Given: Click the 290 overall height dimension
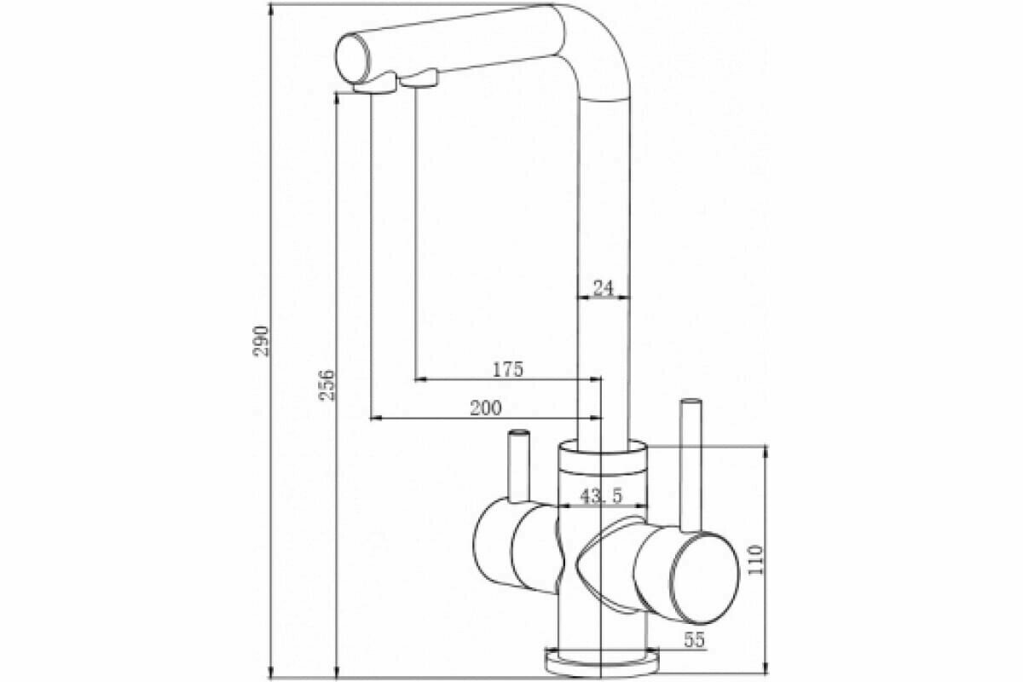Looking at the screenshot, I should point(263,340).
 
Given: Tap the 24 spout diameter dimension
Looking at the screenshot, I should point(604,288).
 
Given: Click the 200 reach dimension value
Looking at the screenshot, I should point(485,407).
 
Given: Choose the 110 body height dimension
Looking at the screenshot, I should point(755,559).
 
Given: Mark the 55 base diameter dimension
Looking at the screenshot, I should point(695,641).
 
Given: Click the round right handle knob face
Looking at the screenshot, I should point(704,576).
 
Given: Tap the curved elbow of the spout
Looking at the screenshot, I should point(592,38).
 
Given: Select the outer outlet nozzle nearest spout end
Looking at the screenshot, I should point(374,84).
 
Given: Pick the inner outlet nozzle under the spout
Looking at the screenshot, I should point(419,79).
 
